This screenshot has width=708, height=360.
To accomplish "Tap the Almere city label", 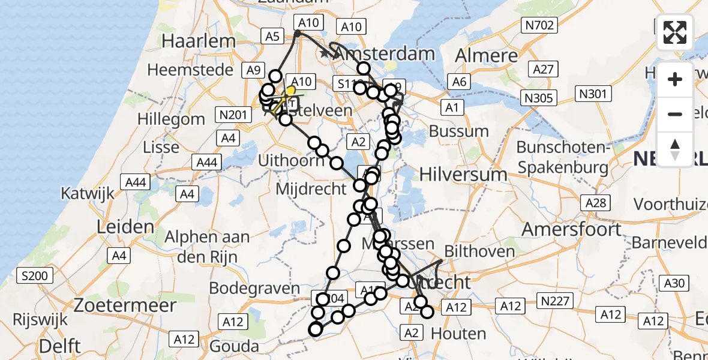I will pyautogui.click(x=486, y=56).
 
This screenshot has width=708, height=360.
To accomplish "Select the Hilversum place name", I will pyautogui.click(x=463, y=174).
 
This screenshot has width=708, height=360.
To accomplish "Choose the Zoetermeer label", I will pyautogui.click(x=125, y=305).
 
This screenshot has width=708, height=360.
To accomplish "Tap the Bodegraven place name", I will pyautogui.click(x=254, y=289).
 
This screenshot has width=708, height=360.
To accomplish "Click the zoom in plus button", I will pyautogui.click(x=675, y=80).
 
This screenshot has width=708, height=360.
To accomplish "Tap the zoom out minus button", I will pyautogui.click(x=675, y=115).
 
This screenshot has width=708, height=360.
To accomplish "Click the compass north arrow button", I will pyautogui.click(x=675, y=149).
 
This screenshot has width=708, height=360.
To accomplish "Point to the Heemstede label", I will pyautogui.click(x=190, y=70).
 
